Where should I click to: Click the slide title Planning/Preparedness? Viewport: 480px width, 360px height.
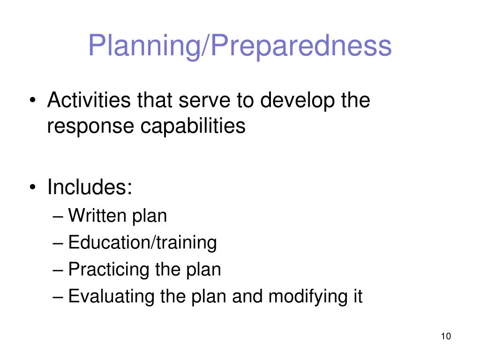[240, 46]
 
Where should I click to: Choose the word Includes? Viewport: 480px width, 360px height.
[90, 187]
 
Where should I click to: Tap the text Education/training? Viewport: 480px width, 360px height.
[142, 243]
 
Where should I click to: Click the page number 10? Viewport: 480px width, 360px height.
[445, 337]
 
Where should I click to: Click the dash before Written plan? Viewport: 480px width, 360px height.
[58, 217]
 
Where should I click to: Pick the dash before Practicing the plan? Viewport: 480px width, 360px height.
[58, 270]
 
